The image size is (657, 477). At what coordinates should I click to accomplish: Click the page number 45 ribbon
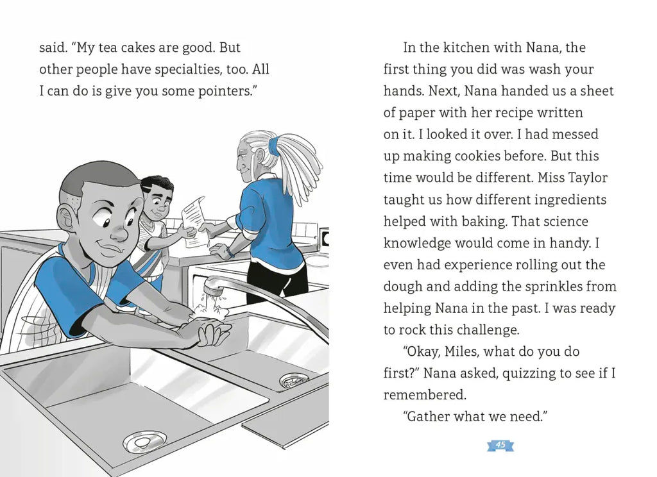500,446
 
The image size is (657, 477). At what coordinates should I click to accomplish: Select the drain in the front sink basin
144,441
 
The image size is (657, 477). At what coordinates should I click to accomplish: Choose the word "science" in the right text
565,221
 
